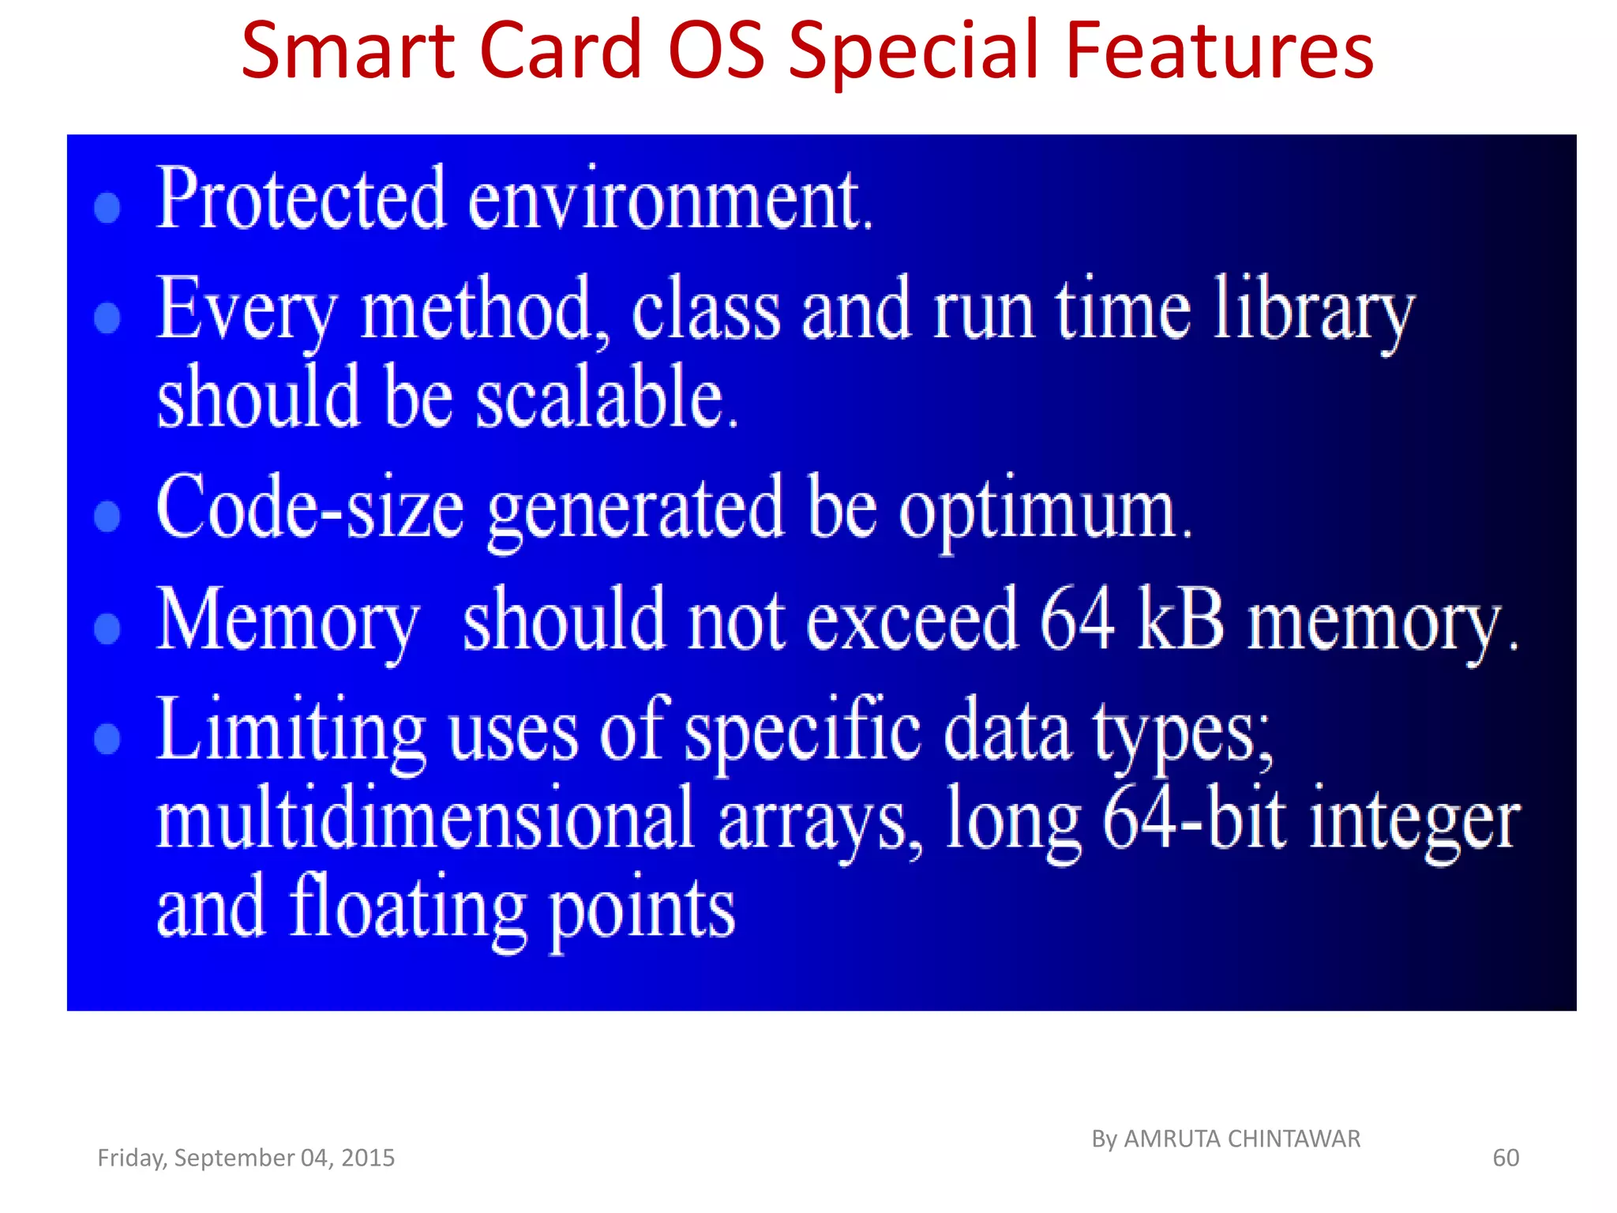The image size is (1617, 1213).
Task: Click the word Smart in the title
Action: coord(348,51)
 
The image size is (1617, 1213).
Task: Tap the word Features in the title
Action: coord(1220,51)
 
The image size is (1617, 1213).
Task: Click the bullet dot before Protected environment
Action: coord(107,208)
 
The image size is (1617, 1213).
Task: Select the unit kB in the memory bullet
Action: coord(1180,620)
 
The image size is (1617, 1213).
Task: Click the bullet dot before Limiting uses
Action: coord(107,738)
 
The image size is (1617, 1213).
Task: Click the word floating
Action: coord(407,908)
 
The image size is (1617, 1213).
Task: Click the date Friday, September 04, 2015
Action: coord(246,1158)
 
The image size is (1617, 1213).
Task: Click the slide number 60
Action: coord(1505,1158)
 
